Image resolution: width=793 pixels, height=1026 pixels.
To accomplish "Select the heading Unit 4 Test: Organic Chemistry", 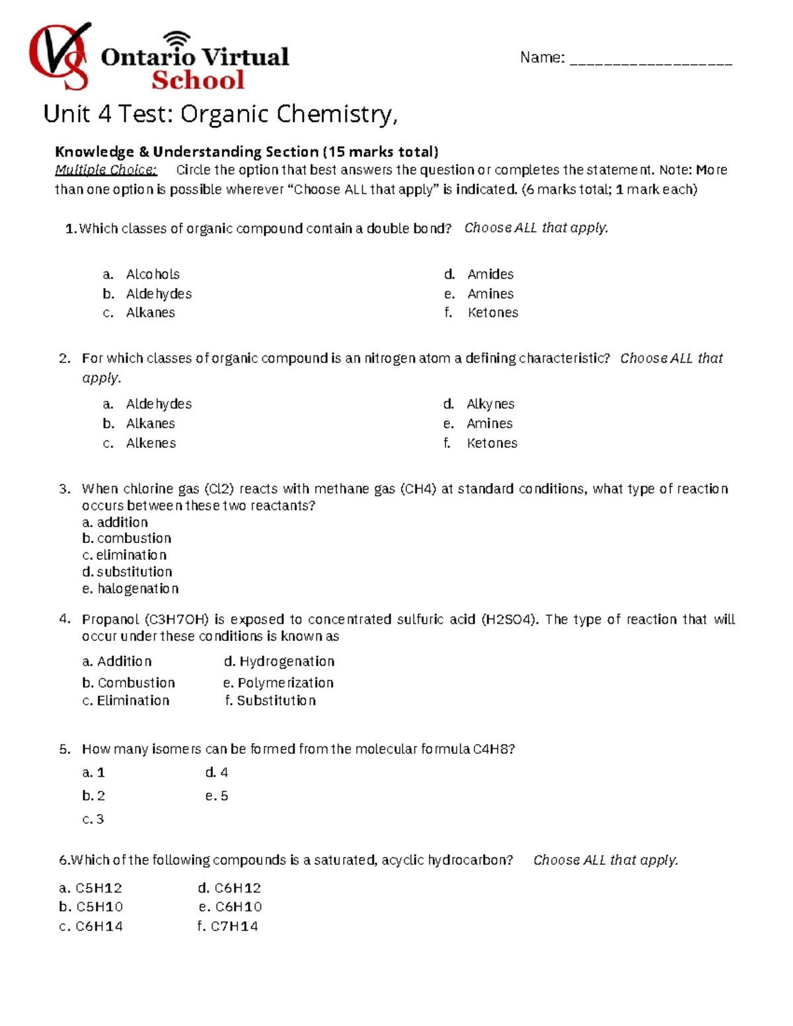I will tap(220, 114).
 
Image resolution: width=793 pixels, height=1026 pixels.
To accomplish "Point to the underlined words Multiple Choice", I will tap(106, 170).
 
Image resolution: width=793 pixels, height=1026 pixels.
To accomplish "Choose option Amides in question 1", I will tap(490, 274).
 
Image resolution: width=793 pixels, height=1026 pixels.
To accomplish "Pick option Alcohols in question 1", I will tap(153, 274).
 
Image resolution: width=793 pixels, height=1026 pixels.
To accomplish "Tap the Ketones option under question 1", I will tap(492, 312).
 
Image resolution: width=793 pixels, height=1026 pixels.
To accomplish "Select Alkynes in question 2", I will tap(490, 404).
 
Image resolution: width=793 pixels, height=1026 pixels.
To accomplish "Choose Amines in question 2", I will tap(489, 423).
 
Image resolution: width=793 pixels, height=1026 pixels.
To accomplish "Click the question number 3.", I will tap(64, 489).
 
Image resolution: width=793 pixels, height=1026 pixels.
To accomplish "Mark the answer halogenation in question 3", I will tap(137, 589).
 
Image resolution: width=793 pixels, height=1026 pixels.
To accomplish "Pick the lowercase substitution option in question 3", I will tap(134, 572).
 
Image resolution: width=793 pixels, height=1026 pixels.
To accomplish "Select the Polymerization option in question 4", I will tap(285, 683).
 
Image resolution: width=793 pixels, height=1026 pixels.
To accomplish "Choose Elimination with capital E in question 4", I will tap(133, 701).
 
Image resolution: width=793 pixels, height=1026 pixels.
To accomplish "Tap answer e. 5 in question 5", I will tap(217, 796).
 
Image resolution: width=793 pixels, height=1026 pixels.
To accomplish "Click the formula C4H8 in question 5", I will tap(493, 749).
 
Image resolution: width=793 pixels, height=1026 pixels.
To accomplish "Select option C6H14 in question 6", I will tap(98, 926).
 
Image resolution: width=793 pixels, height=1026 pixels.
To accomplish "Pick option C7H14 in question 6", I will tap(234, 926).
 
